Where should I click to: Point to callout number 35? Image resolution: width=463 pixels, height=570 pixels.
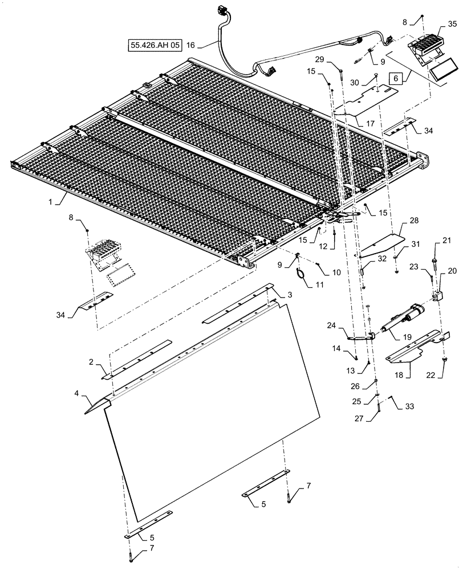click(452, 25)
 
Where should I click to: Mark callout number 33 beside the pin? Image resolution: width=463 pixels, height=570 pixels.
click(411, 407)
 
